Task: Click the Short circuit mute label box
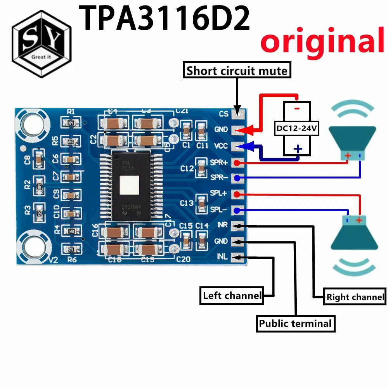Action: pos(237,71)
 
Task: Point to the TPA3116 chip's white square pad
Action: pos(129,185)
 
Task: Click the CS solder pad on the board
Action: pos(238,114)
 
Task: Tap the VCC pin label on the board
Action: pos(221,147)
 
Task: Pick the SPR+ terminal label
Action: pos(219,162)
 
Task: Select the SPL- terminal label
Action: pos(220,210)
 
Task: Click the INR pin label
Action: pos(222,225)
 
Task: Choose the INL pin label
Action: pos(222,256)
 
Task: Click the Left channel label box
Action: pos(232,296)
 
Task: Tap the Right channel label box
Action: pos(355,297)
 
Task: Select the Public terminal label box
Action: pos(295,323)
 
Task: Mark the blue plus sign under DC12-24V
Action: pos(297,149)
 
